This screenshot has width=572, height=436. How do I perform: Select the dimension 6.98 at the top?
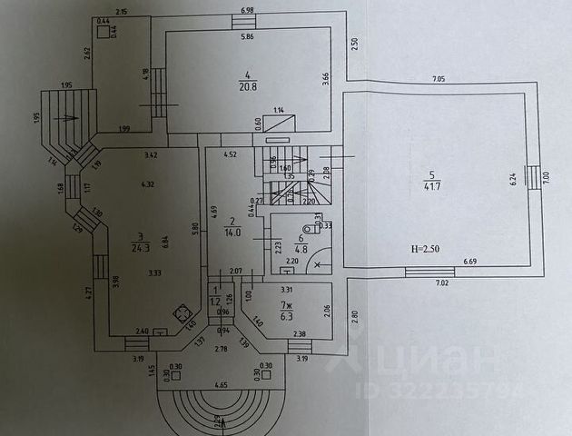[247, 10]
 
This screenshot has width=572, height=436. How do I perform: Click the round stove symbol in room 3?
[182, 315]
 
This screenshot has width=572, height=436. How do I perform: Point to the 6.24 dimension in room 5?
[514, 180]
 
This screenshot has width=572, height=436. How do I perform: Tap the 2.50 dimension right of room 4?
[354, 43]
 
